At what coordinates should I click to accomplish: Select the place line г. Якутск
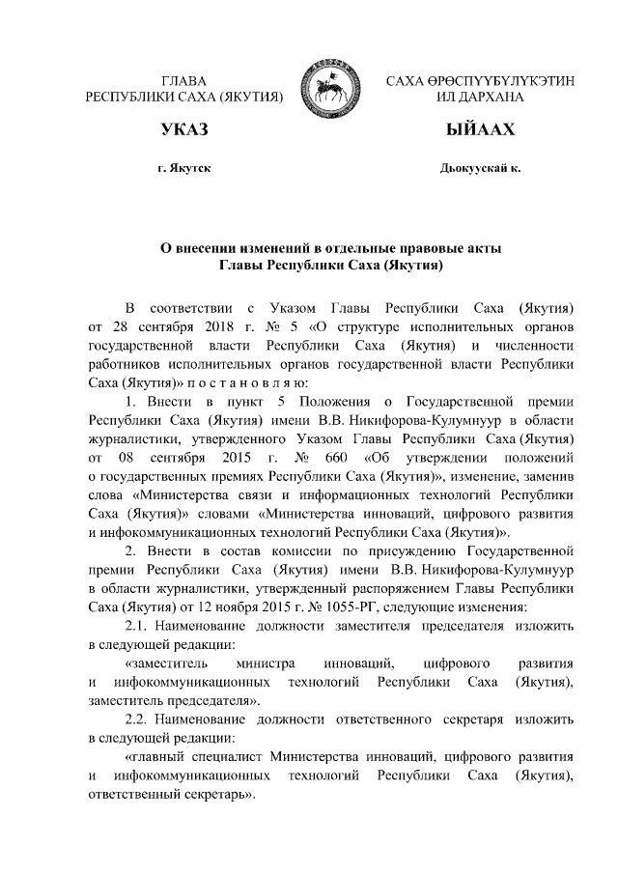pos(184,168)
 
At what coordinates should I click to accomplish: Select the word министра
pos(259,663)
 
